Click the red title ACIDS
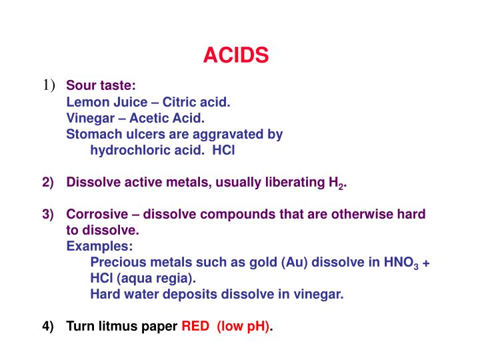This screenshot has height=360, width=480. click(236, 55)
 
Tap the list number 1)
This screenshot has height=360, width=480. click(49, 85)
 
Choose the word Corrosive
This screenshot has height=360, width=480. click(98, 215)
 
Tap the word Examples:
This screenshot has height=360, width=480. click(99, 247)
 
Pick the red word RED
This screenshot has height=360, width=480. click(195, 327)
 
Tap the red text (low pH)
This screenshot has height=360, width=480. click(243, 327)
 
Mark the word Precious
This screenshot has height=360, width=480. click(117, 263)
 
